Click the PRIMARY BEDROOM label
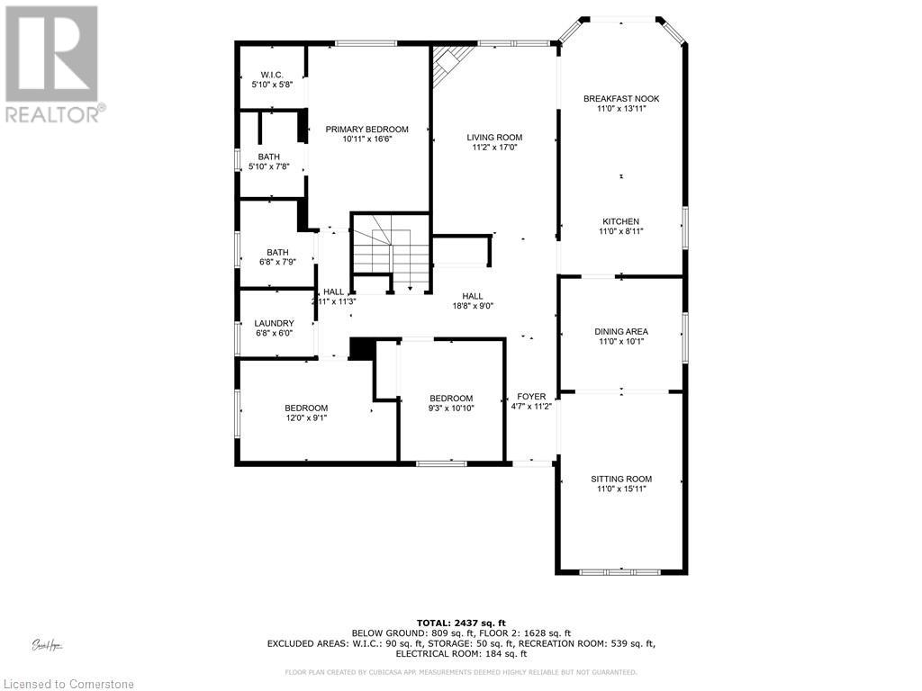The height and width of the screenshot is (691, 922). point(366,130)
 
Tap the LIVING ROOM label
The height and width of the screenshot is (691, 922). point(494,138)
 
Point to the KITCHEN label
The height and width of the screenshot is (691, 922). point(620,221)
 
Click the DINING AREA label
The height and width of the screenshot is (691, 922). point(620,332)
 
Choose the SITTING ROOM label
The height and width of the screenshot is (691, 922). point(620,479)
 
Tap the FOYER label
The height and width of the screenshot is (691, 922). point(530,397)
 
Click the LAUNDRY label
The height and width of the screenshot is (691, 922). point(274,324)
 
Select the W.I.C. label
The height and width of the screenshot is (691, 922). point(272,74)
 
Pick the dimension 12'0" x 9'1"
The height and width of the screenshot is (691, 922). point(306,417)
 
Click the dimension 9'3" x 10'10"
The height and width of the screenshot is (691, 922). point(450,408)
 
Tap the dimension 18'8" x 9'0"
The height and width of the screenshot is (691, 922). point(472,306)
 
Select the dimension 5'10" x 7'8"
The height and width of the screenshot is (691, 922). point(268,166)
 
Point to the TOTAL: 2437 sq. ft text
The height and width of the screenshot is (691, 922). point(461,623)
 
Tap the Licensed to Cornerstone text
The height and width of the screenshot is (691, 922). point(68,684)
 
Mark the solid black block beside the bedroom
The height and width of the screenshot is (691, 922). point(361,349)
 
